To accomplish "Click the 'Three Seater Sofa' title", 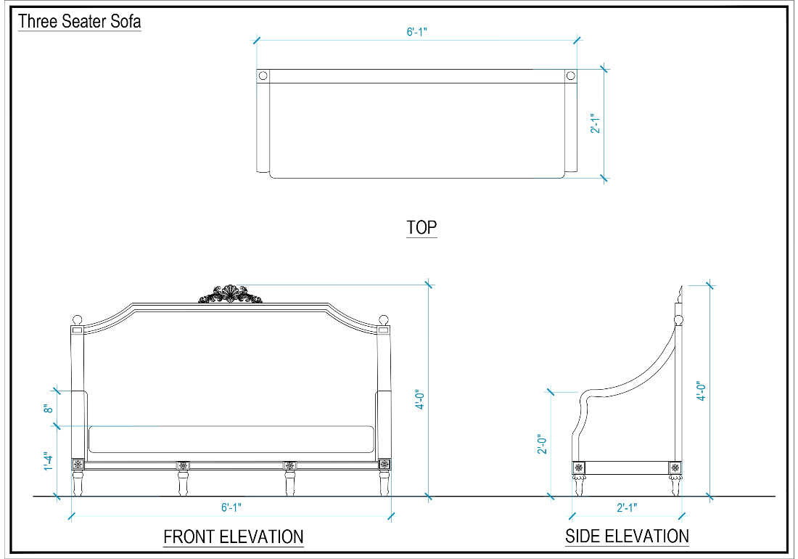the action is [x=79, y=21].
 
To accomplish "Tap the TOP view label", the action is [x=421, y=227].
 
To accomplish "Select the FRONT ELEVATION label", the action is [x=234, y=536].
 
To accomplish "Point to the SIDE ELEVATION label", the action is [x=627, y=536].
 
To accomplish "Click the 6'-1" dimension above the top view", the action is [x=417, y=31].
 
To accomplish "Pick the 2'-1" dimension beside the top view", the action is [x=596, y=123].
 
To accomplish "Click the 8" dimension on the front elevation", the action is [x=49, y=408].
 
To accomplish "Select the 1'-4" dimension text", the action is [x=49, y=461].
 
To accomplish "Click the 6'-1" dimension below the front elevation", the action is [x=231, y=507].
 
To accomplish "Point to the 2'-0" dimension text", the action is [x=543, y=444].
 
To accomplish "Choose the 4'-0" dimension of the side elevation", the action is [x=702, y=391].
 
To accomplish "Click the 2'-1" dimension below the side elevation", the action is [x=627, y=507].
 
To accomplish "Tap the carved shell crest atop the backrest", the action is [x=231, y=294].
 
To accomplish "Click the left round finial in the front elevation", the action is [x=78, y=320].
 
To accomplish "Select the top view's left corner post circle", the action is [x=263, y=76].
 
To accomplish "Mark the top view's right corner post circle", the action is [x=570, y=76].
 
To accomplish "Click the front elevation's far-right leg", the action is [x=384, y=483].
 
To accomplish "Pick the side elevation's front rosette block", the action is [x=579, y=467].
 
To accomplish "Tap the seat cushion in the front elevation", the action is [x=231, y=439].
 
